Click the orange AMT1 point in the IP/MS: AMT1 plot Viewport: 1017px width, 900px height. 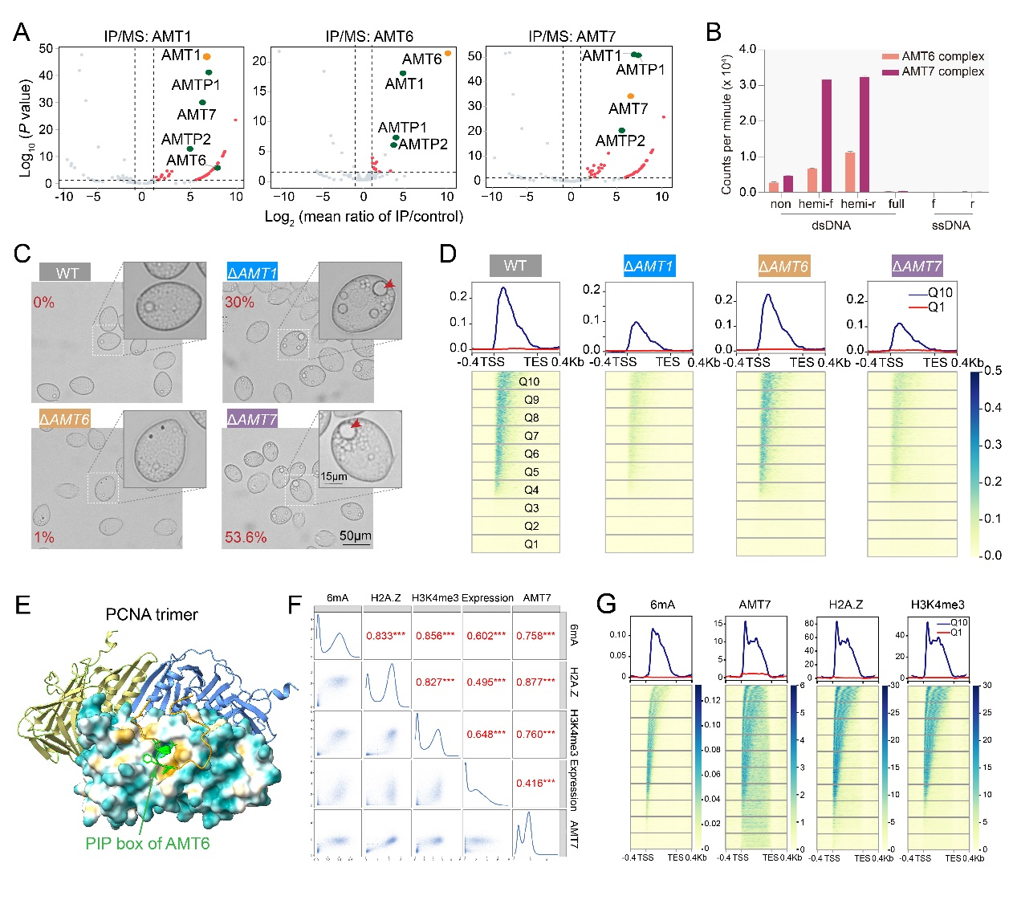pyautogui.click(x=206, y=57)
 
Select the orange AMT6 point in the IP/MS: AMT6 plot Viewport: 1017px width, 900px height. pyautogui.click(x=448, y=54)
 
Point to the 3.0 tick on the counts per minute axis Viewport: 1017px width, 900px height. pyautogui.click(x=747, y=84)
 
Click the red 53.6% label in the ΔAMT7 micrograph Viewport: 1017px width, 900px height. pyautogui.click(x=246, y=537)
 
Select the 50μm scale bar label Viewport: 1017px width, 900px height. pyautogui.click(x=356, y=536)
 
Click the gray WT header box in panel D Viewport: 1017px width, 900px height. pyautogui.click(x=515, y=266)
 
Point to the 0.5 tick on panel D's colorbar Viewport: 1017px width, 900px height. pyautogui.click(x=993, y=371)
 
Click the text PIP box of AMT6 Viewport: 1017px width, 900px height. pyautogui.click(x=148, y=843)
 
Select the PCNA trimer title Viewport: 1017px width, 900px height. pyautogui.click(x=152, y=614)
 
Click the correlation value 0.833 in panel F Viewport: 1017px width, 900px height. pyautogui.click(x=386, y=636)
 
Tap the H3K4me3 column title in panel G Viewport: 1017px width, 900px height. pyautogui.click(x=938, y=605)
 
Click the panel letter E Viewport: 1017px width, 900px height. pyautogui.click(x=22, y=605)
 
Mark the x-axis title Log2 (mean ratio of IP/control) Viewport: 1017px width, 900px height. pyautogui.click(x=364, y=217)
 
